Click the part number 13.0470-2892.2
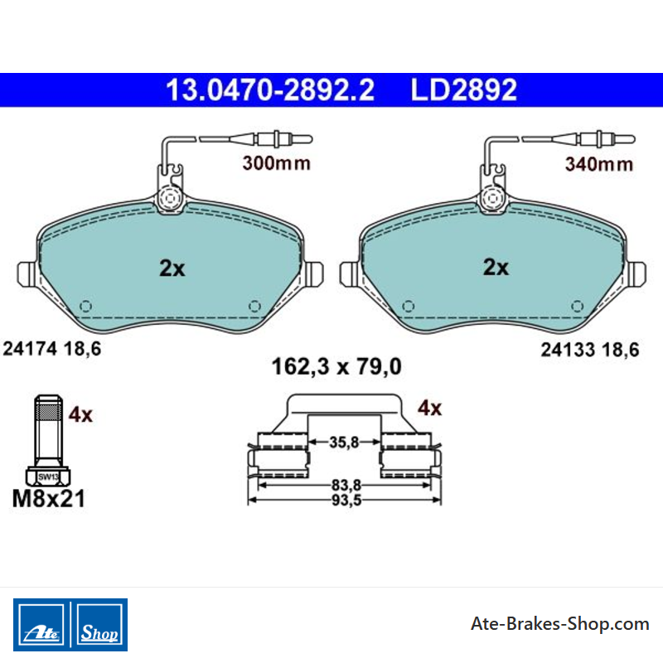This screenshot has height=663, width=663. [x=270, y=90]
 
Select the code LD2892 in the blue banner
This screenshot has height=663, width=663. [x=464, y=90]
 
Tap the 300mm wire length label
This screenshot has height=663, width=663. [x=277, y=163]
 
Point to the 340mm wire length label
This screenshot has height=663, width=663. [x=599, y=164]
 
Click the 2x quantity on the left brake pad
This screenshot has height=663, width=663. [x=172, y=268]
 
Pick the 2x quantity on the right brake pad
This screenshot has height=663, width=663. [x=496, y=267]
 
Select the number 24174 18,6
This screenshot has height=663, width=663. [x=52, y=349]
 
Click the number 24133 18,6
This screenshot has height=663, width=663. [x=590, y=350]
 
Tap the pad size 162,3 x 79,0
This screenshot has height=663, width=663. [x=336, y=366]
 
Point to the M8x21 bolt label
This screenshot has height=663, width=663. [x=49, y=499]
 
